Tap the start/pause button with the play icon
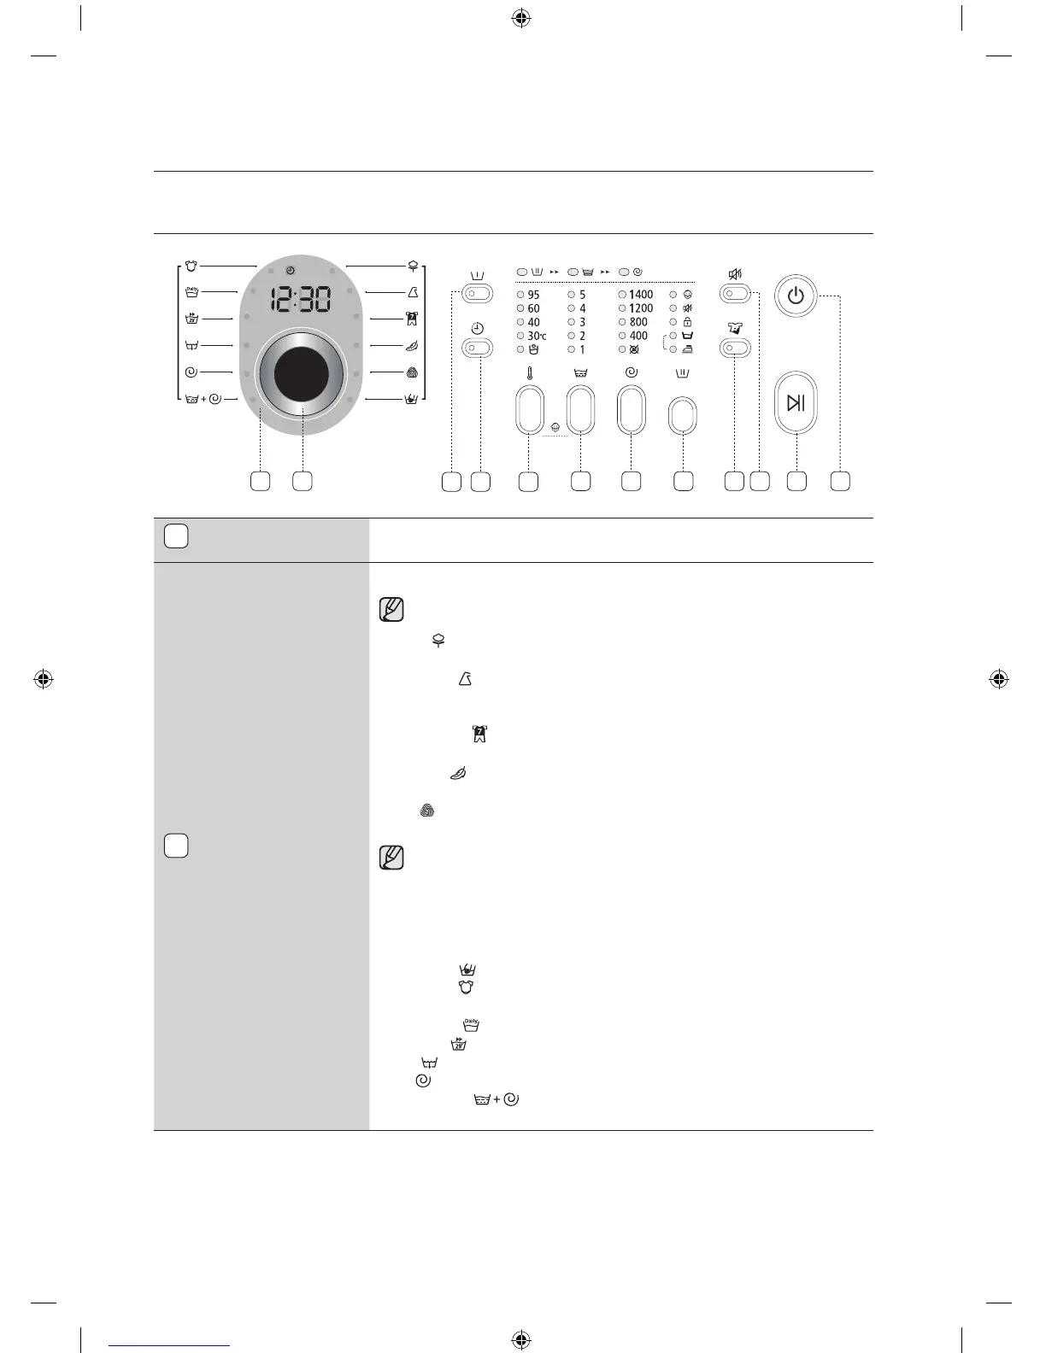tap(796, 403)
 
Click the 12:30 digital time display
tap(301, 299)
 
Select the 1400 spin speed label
tap(640, 295)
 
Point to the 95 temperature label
tap(533, 295)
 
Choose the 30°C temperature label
tap(536, 336)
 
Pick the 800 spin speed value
tap(638, 322)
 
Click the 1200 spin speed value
tap(640, 308)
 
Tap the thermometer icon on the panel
tap(530, 373)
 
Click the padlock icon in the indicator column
tap(687, 322)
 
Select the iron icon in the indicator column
tap(687, 349)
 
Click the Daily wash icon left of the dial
tap(192, 292)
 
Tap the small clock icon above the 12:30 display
tap(291, 271)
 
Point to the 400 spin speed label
tap(638, 336)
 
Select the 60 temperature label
tap(533, 308)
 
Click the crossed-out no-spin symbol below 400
tap(634, 349)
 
